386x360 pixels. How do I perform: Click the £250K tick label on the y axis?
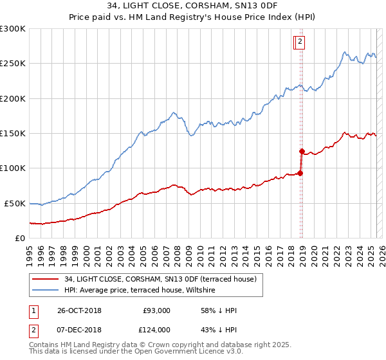13,64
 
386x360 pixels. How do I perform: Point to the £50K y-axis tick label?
15,203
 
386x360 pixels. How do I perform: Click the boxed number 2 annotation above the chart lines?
300,42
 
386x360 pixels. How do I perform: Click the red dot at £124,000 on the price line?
301,152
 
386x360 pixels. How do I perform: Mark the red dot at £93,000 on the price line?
300,173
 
